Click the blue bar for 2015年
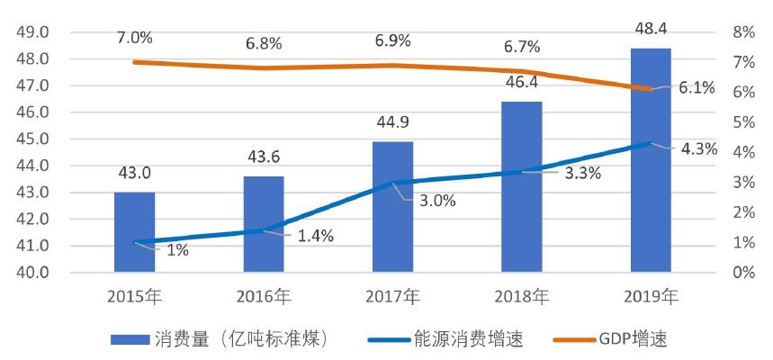(134, 231)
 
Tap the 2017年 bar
(393, 207)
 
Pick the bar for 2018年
(522, 187)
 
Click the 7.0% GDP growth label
(134, 38)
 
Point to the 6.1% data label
(697, 87)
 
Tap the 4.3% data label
(698, 149)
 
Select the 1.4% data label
(315, 236)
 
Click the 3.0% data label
(437, 201)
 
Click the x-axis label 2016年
(264, 297)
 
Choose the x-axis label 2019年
(652, 297)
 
